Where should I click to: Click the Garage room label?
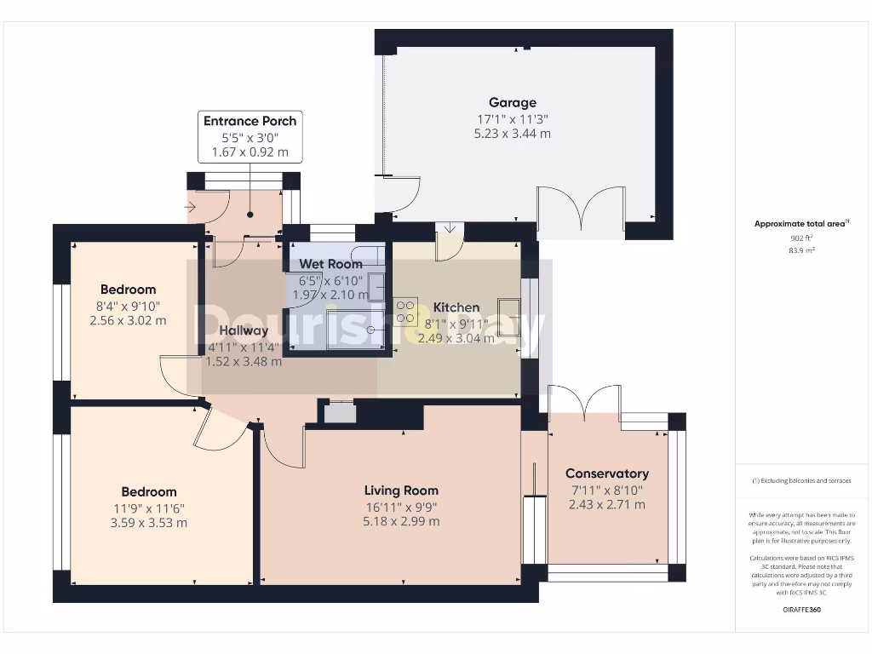(x=512, y=103)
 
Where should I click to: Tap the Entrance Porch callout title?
(x=250, y=121)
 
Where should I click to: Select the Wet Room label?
(x=330, y=264)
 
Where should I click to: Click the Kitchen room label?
(x=456, y=307)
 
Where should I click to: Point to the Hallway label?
(x=244, y=330)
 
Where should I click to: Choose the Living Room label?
(x=401, y=490)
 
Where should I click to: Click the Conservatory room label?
(x=606, y=473)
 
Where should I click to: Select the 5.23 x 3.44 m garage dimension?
(x=512, y=134)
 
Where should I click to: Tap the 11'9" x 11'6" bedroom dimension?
(x=148, y=508)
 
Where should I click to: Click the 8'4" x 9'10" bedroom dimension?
(x=128, y=306)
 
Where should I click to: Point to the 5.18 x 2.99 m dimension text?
(x=401, y=521)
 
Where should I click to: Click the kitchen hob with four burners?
(x=406, y=312)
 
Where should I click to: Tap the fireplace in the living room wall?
(x=341, y=412)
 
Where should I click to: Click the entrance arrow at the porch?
(x=188, y=206)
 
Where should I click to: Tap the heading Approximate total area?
(x=800, y=224)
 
